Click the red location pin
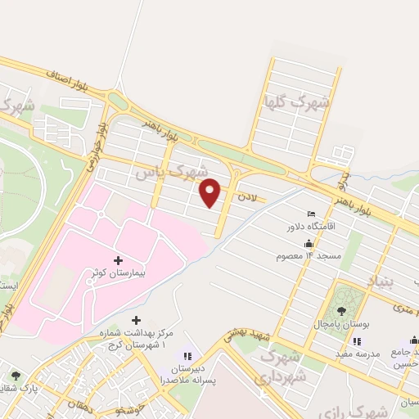pyautogui.click(x=210, y=192)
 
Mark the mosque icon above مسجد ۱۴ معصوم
pyautogui.click(x=309, y=243)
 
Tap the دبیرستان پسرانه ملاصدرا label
pyautogui.click(x=188, y=375)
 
